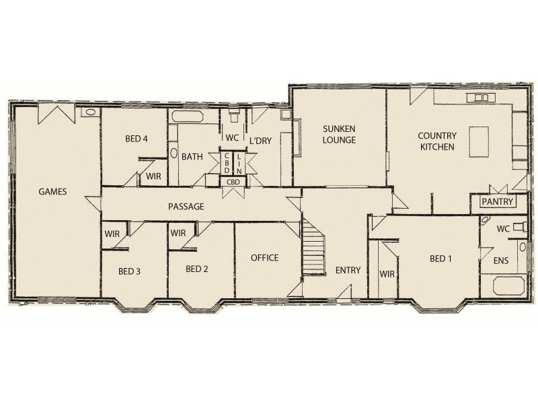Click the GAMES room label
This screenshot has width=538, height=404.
(x=52, y=191)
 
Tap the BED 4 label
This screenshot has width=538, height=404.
(x=136, y=139)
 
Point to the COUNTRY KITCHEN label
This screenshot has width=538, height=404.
(x=437, y=141)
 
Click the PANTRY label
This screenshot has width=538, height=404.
(x=497, y=201)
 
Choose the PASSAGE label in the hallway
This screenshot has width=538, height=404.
(x=186, y=207)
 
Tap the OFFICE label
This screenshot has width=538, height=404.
(x=264, y=258)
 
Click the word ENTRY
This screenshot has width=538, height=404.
(x=348, y=270)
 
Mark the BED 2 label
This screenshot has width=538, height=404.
(x=196, y=269)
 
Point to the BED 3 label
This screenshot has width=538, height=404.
(x=130, y=271)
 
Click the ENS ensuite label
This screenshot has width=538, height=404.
(x=501, y=260)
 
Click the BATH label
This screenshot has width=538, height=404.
(x=192, y=157)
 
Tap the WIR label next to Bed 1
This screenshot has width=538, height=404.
(x=387, y=273)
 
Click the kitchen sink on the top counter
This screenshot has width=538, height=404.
(x=481, y=98)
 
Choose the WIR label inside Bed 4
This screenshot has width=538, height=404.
(x=152, y=176)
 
